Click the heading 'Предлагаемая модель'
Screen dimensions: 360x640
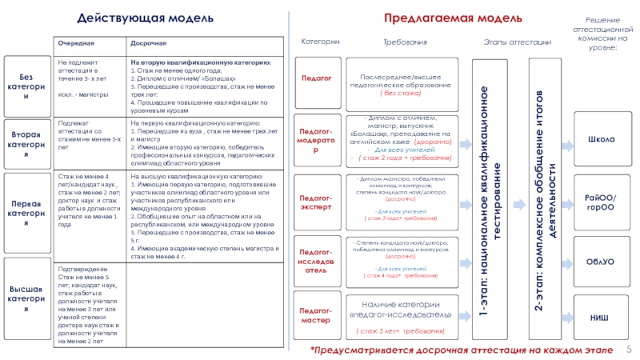pos(453,18)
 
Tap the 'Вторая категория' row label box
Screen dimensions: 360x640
pos(24,141)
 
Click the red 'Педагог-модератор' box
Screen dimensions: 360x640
pos(316,140)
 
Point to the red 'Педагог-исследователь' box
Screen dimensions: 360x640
pos(316,260)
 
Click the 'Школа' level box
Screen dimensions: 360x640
pos(602,141)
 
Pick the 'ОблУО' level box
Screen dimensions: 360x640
pos(602,261)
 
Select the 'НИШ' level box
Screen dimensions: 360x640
pos(602,318)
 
